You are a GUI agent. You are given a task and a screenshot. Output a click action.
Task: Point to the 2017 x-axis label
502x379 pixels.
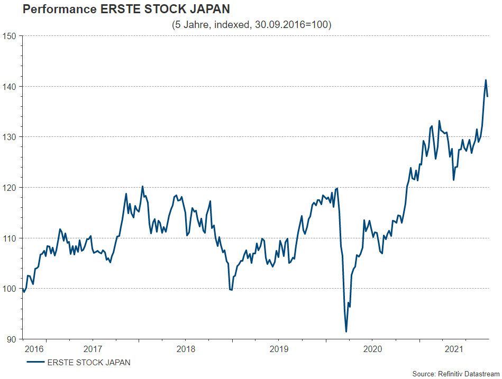pos(93,349)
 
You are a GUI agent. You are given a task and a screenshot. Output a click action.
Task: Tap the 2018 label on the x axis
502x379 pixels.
pos(186,349)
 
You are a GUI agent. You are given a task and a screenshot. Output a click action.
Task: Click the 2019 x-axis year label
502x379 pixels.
pos(279,349)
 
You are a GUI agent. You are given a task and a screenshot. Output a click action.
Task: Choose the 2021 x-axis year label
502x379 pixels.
pos(455,349)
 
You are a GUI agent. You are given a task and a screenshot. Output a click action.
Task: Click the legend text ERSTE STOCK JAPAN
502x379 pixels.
pos(89,363)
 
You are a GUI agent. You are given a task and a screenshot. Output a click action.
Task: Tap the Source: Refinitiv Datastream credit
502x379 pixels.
pos(455,374)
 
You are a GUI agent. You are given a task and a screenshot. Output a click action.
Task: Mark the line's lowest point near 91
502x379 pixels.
pos(346,331)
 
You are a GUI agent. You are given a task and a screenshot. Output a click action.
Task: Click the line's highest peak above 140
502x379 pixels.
pos(486,80)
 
